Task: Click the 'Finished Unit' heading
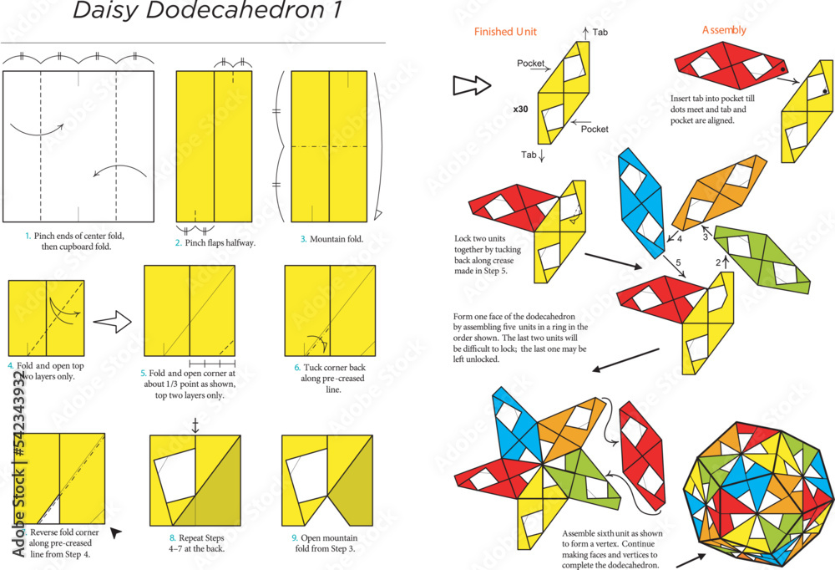[x=505, y=32]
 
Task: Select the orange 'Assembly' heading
[x=724, y=30]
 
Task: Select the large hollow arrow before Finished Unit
[x=470, y=84]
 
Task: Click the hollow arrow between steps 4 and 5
[x=113, y=320]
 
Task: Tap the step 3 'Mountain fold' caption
[x=331, y=239]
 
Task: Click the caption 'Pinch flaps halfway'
[x=215, y=242]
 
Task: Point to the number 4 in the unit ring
[x=679, y=239]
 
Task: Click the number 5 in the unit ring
[x=677, y=262]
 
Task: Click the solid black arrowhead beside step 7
[x=116, y=532]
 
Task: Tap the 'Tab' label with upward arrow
[x=600, y=33]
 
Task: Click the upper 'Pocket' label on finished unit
[x=531, y=64]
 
